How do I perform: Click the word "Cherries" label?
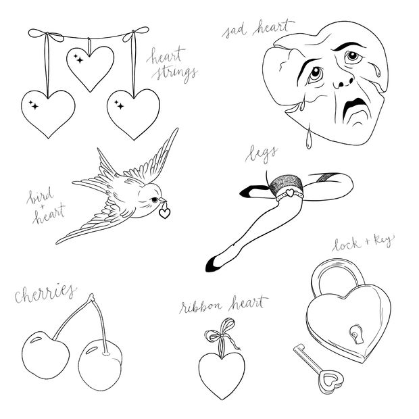45,293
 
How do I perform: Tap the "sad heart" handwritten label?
257,28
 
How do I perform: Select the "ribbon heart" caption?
223,305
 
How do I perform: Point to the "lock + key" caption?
362,243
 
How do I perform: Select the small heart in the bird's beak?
164,212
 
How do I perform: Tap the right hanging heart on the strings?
133,112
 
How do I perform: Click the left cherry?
45,355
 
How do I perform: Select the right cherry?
101,362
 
